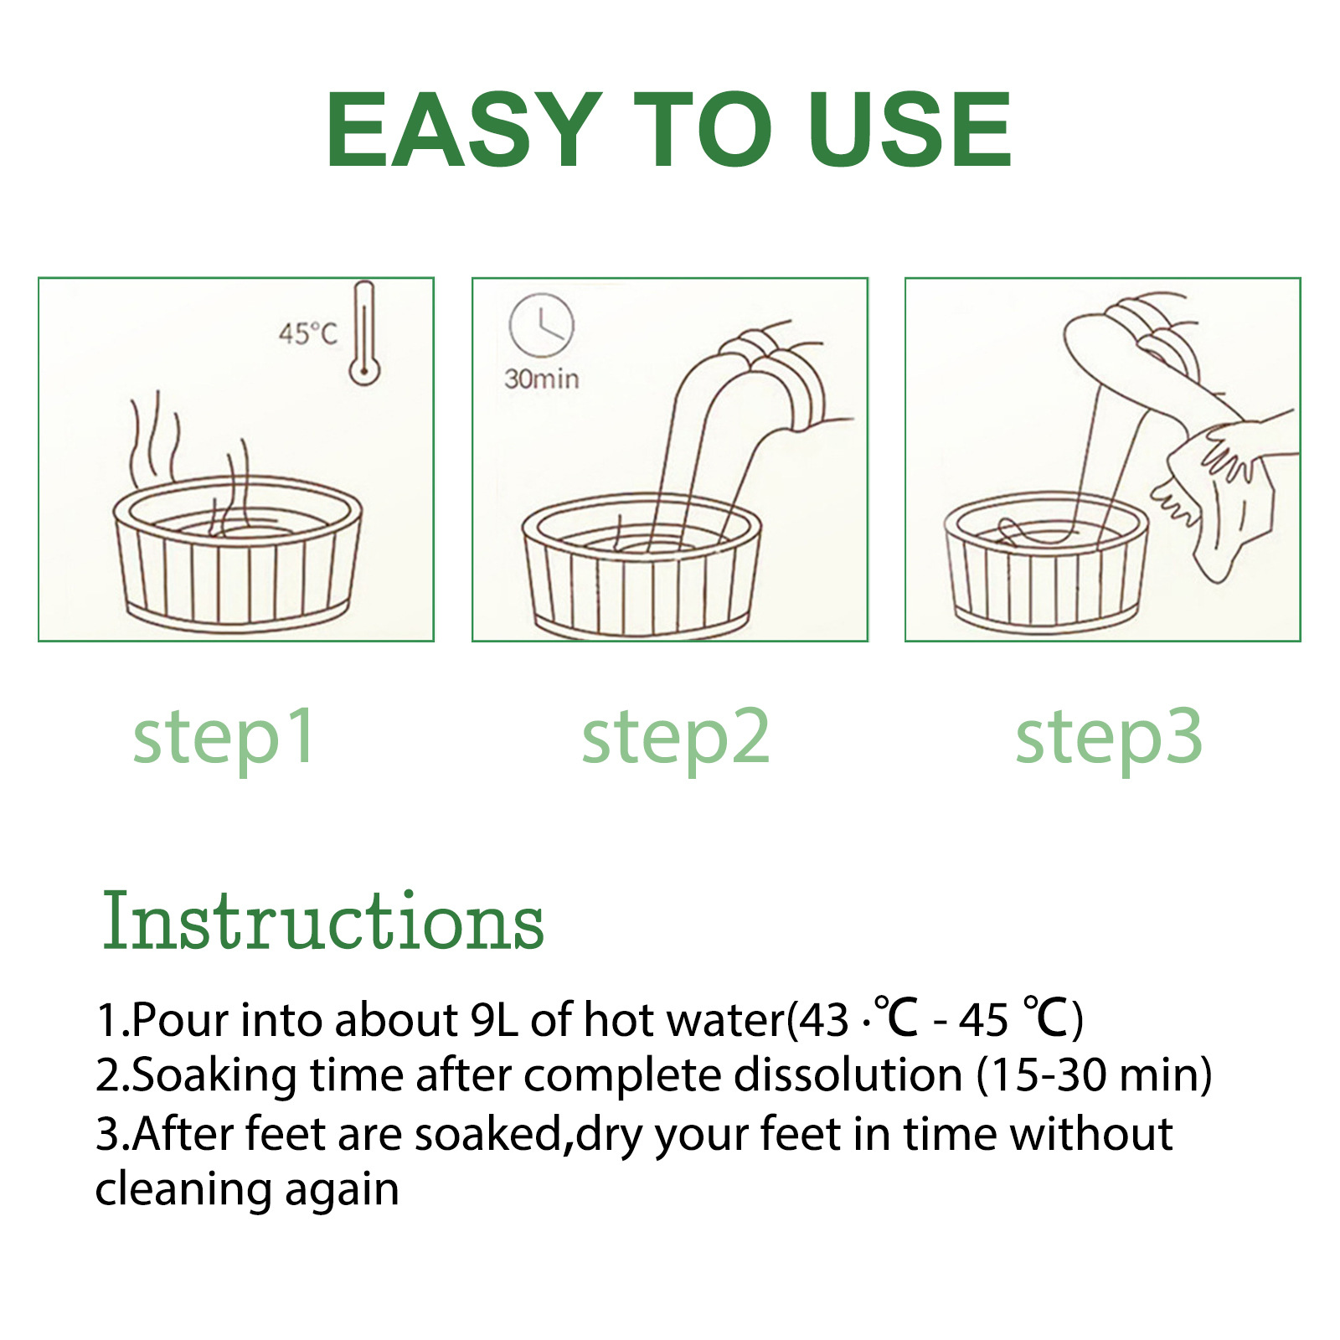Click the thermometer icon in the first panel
point(364,333)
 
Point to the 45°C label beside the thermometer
point(308,334)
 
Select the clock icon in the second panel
point(542,326)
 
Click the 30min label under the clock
point(541,379)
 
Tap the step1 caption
point(224,736)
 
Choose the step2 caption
point(675,736)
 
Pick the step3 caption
point(1109,736)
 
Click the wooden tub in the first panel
point(237,554)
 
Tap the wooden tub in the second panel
point(642,566)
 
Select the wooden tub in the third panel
point(1046,563)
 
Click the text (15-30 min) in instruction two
point(1094,1075)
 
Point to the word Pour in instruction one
point(180,1020)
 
